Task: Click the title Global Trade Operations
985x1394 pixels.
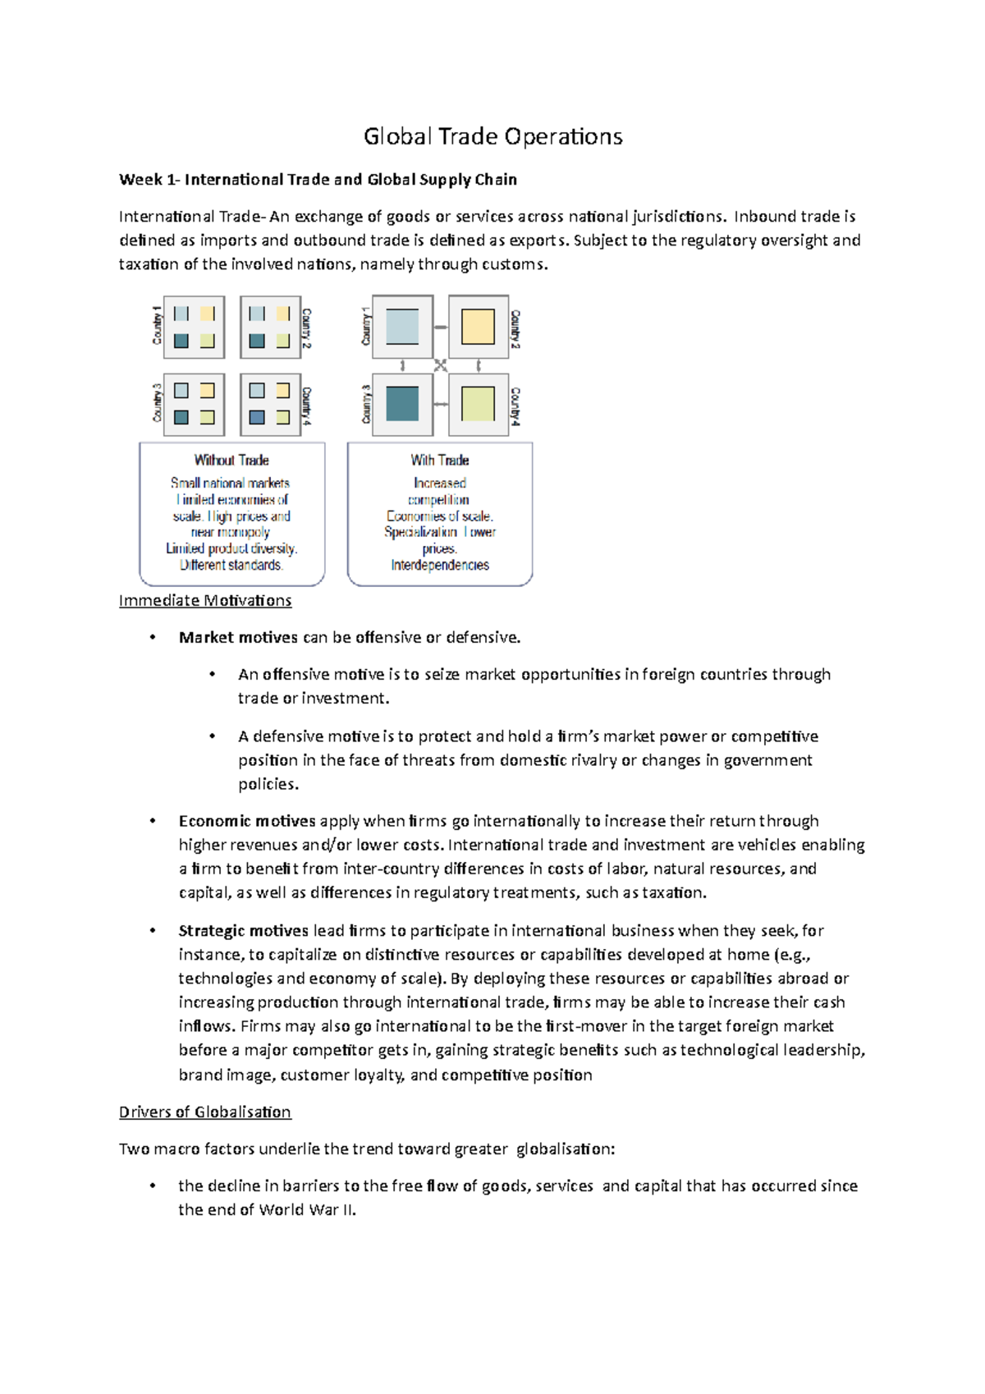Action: (492, 136)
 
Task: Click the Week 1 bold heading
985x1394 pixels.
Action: (318, 179)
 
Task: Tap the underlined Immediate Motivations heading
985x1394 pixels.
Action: (205, 600)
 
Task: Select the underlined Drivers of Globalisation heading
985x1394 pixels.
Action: (205, 1112)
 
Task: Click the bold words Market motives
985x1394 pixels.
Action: (238, 637)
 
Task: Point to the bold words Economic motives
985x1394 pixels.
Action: (247, 821)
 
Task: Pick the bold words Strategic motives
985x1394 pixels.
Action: (244, 930)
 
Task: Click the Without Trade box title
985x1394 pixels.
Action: (231, 460)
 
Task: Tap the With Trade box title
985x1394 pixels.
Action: (440, 460)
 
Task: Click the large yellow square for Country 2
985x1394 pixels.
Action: (478, 327)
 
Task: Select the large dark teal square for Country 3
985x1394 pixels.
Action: (402, 404)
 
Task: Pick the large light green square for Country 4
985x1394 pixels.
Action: (478, 404)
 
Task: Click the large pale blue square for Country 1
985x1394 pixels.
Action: (402, 327)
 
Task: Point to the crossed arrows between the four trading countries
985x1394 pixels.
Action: (441, 365)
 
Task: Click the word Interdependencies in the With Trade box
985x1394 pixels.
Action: (440, 565)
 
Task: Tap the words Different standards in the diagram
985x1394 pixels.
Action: (231, 565)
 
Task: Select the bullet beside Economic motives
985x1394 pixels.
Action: (153, 821)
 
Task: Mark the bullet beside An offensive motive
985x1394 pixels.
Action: (213, 674)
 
